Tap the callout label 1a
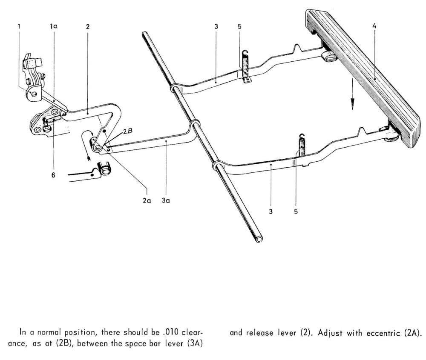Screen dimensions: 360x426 click(x=54, y=26)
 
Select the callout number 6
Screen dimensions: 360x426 click(x=53, y=174)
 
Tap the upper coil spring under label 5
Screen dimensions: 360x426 click(x=245, y=63)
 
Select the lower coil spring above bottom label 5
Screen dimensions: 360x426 click(x=302, y=147)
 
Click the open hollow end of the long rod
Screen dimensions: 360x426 click(x=258, y=239)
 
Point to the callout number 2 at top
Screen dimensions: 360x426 click(x=87, y=26)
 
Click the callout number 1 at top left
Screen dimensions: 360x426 click(x=19, y=26)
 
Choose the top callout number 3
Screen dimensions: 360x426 click(x=216, y=26)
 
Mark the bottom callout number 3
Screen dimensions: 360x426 click(x=271, y=211)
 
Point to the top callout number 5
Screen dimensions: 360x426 click(x=240, y=26)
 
